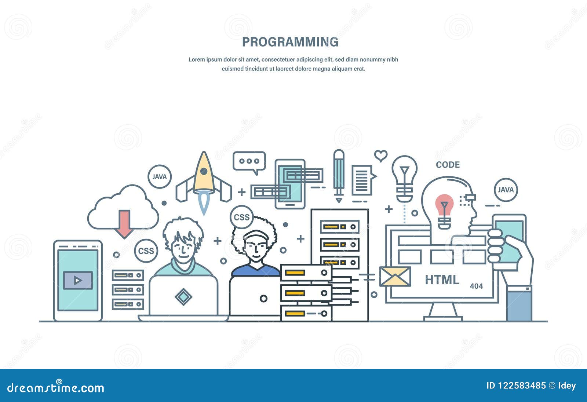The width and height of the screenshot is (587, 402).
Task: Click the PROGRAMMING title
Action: click(x=290, y=42)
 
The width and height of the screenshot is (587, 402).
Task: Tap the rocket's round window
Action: click(x=204, y=171)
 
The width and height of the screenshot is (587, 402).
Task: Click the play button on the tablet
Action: click(x=78, y=280)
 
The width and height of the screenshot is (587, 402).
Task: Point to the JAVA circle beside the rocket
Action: click(x=160, y=177)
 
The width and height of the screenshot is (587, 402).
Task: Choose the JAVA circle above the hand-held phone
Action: click(x=506, y=190)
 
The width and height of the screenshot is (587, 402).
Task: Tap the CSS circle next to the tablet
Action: click(x=146, y=251)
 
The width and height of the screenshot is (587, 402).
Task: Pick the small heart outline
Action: click(x=381, y=156)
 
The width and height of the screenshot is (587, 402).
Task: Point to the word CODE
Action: click(x=448, y=165)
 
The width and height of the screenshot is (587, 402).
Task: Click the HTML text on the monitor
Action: click(x=442, y=280)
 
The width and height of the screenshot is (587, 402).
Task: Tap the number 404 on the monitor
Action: click(x=477, y=286)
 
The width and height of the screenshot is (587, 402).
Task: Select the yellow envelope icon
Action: click(x=395, y=277)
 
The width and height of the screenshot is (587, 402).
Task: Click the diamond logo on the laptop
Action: click(x=183, y=297)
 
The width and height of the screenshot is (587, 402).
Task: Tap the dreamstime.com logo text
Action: click(x=55, y=387)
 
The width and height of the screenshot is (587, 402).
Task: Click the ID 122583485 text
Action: click(x=516, y=386)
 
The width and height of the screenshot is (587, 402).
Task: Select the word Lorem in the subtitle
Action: click(x=197, y=59)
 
